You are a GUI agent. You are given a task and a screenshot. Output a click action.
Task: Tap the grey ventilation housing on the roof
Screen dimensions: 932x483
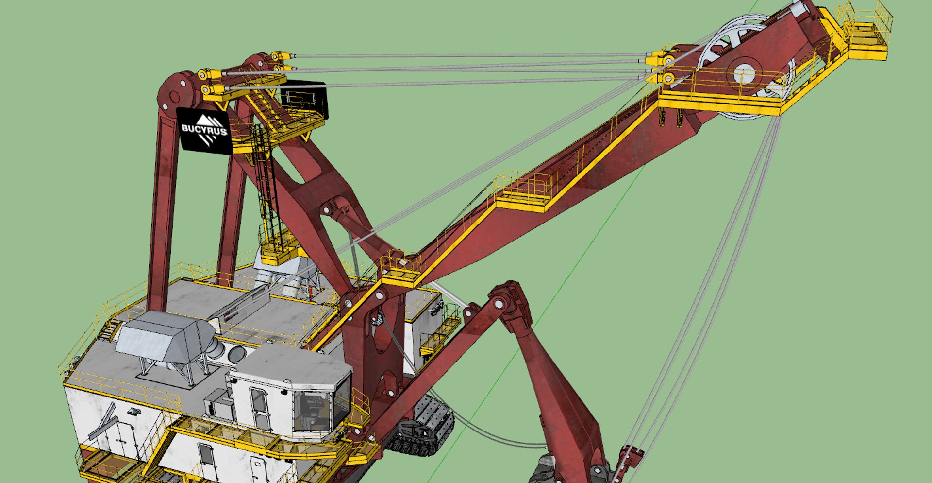click(165, 337)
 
